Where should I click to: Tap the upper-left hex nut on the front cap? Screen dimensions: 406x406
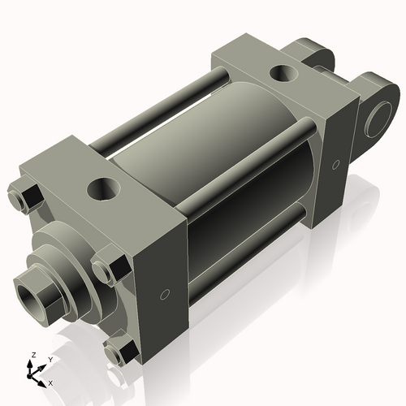coord(25,197)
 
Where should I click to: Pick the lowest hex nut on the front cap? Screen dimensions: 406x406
coord(120,352)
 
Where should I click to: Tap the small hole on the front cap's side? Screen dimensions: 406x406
coord(166,293)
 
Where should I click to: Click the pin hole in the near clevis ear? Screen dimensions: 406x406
coord(379,119)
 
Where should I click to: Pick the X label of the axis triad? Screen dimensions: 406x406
coord(50,382)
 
